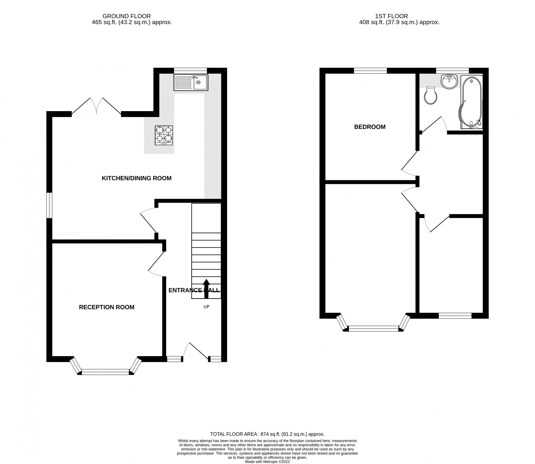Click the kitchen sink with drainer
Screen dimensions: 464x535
tap(190, 82)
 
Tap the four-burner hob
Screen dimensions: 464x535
tap(164, 135)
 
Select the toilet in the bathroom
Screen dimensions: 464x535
tap(430, 95)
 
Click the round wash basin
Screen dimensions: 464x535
tap(450, 82)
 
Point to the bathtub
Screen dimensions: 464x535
tap(471, 102)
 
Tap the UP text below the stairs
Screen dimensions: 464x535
tap(206, 307)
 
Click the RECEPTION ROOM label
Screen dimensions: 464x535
tap(106, 307)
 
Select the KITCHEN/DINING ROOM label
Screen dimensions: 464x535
tap(136, 178)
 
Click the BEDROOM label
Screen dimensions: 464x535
tap(370, 127)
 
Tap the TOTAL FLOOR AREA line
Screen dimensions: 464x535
tap(267, 442)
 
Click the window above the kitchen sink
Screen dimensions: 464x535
tap(190, 71)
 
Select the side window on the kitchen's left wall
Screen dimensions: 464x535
tap(49, 205)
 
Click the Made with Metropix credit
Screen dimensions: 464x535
tap(267, 462)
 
